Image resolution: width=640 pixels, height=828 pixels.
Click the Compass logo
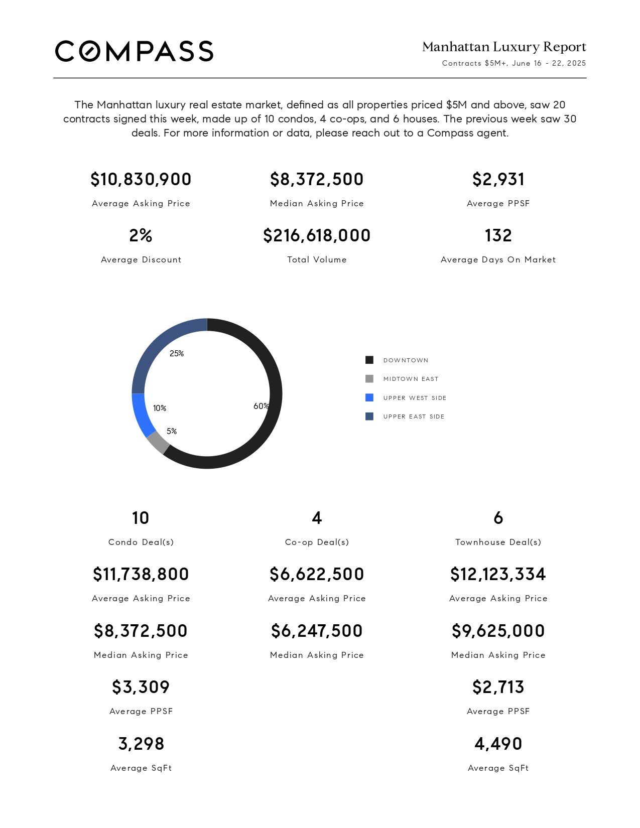coord(134,51)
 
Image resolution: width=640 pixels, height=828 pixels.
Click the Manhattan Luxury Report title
coord(504,47)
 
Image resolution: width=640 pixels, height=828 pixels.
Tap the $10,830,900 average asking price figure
coord(141,179)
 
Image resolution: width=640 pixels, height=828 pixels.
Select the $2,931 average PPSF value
coord(498,179)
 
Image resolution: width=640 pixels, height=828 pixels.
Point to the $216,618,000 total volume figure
coord(317,235)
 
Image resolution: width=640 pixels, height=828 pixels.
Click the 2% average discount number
coord(141,235)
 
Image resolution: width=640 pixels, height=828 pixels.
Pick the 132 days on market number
coord(498,235)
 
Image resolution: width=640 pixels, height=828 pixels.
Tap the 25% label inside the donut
coord(177,354)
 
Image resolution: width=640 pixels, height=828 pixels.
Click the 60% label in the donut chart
coord(261,406)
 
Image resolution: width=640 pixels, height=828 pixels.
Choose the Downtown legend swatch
coord(369,360)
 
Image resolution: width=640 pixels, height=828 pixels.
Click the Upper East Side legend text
coord(414,417)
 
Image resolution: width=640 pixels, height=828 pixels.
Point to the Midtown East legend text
coord(411,379)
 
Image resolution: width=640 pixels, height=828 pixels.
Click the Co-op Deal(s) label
coord(317,542)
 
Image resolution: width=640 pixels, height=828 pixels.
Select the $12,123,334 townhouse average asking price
coord(498,574)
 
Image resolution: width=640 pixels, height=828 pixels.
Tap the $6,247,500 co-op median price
coord(317,631)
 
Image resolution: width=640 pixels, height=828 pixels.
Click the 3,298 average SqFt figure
coord(141,744)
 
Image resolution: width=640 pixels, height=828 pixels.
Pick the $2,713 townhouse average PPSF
coord(498,687)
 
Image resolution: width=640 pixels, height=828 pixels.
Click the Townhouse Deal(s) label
coord(498,542)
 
